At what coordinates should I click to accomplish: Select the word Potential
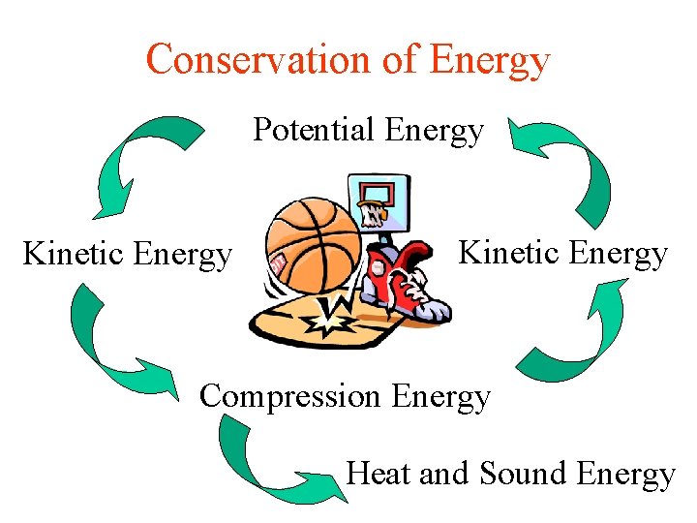[313, 129]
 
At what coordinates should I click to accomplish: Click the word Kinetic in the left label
[74, 255]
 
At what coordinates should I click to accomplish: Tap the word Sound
[522, 474]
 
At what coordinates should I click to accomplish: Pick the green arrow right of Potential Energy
[566, 165]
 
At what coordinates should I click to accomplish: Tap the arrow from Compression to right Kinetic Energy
[581, 329]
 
